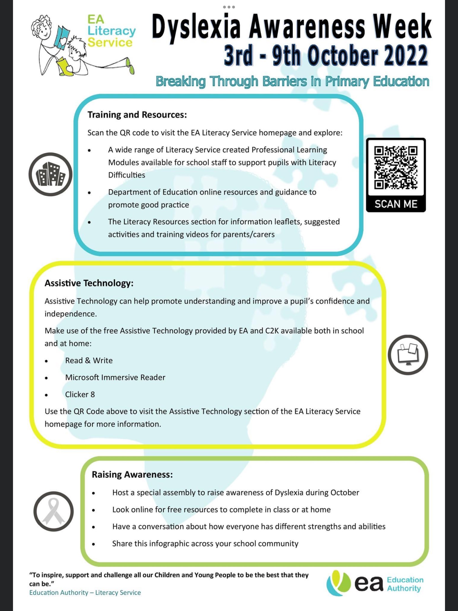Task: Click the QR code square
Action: [396, 167]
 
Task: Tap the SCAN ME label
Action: [396, 204]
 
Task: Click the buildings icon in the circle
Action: [51, 174]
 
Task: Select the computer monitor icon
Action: [408, 355]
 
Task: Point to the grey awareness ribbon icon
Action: [53, 511]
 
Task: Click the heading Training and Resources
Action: [137, 115]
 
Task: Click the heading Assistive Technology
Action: [89, 283]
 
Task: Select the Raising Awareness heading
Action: [132, 475]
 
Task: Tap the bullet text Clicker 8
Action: [80, 394]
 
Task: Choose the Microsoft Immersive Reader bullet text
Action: [115, 377]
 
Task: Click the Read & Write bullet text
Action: [89, 360]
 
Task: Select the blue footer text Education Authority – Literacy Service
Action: [85, 593]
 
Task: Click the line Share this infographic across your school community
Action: [205, 543]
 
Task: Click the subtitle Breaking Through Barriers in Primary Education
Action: [292, 81]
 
